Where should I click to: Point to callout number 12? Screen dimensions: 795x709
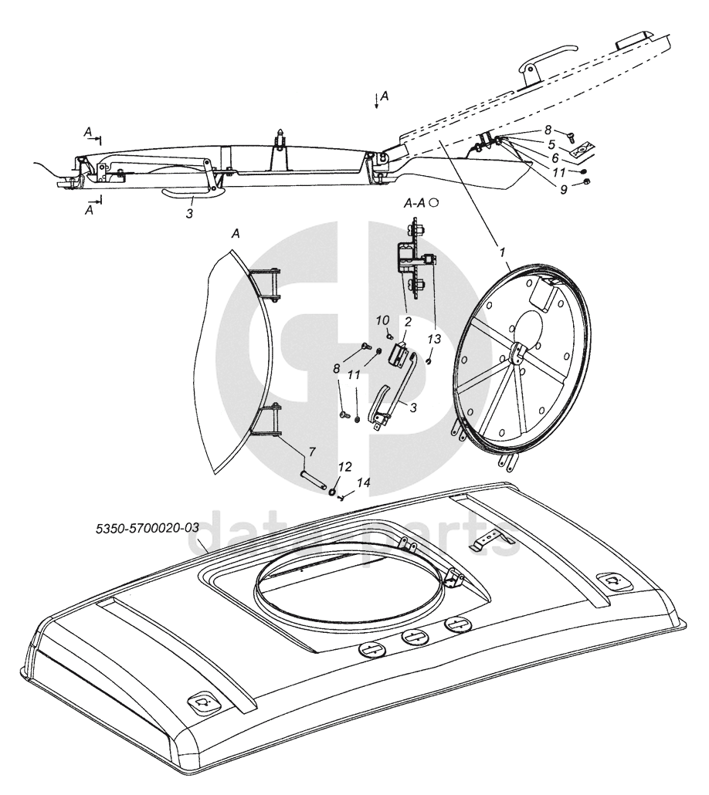(x=345, y=466)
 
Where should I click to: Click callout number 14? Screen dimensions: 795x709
(x=363, y=482)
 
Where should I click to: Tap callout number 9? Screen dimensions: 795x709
(x=563, y=188)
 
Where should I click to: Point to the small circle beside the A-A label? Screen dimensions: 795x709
(x=434, y=201)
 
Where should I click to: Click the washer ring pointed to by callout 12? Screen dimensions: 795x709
(x=332, y=492)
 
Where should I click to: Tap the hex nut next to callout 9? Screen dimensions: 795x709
(x=586, y=182)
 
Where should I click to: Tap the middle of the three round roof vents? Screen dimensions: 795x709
(x=416, y=638)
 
